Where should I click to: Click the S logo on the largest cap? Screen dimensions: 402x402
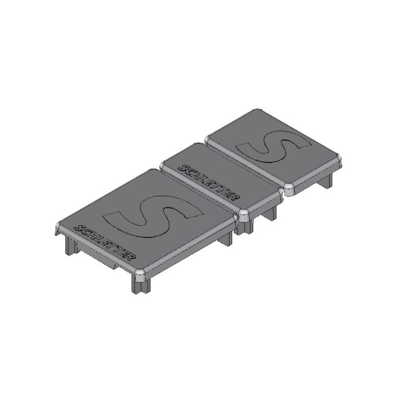tap(153, 217)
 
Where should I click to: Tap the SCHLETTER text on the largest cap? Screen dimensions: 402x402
tap(104, 243)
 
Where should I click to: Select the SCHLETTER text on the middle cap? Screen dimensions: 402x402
tap(209, 182)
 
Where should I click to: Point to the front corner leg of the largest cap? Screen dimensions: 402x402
tap(141, 284)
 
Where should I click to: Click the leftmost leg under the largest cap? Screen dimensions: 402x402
tap(70, 245)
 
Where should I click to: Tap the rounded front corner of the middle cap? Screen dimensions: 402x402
tap(244, 215)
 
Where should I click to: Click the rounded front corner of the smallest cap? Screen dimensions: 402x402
tap(289, 190)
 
